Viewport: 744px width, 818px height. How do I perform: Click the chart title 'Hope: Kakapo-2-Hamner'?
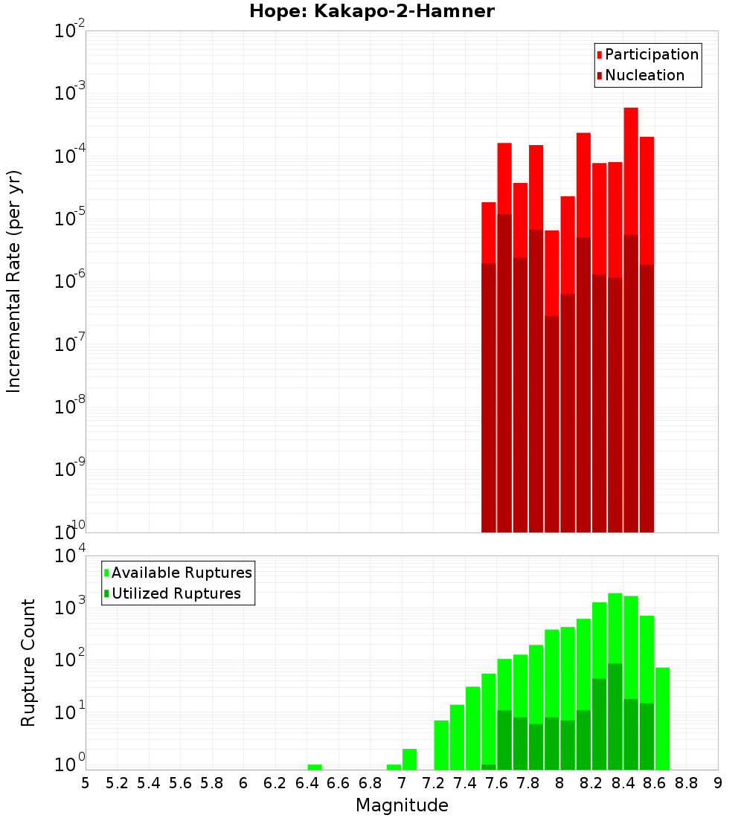(x=371, y=11)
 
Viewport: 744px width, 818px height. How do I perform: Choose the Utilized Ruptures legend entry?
(x=176, y=593)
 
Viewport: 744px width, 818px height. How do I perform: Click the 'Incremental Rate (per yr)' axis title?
(x=14, y=281)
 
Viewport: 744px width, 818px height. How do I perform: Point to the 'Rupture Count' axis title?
(x=28, y=663)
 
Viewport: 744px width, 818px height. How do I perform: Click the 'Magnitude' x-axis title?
(x=402, y=805)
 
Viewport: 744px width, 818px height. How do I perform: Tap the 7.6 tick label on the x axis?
(x=497, y=783)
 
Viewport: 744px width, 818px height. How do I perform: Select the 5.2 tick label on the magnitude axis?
(x=118, y=783)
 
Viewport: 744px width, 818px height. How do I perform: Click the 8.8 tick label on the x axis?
(x=687, y=783)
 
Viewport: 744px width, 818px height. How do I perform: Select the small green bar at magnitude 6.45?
(x=315, y=767)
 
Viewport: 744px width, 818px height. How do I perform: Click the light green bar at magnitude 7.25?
(x=441, y=744)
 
